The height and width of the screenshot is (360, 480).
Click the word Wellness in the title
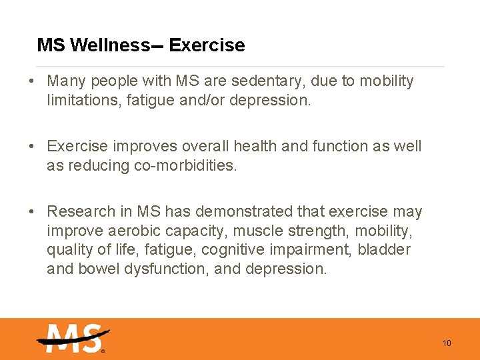click(110, 45)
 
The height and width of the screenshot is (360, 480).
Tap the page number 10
click(447, 343)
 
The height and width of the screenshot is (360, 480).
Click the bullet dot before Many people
click(32, 82)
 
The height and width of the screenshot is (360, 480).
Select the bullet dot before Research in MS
click(32, 213)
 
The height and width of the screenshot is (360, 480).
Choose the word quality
click(67, 250)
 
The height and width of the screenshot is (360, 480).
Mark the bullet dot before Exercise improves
click(32, 147)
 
